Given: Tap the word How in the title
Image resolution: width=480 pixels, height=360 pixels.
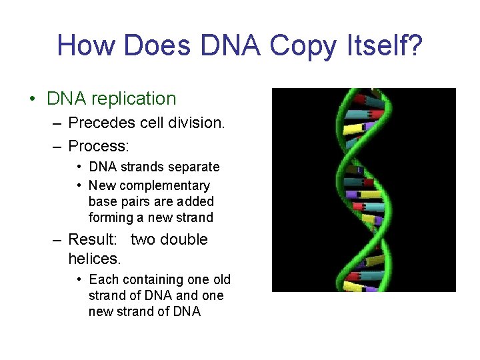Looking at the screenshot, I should tap(87, 46).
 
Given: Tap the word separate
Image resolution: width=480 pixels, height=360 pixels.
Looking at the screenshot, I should tap(194, 167).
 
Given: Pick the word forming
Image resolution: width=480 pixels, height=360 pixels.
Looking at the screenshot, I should tap(111, 217).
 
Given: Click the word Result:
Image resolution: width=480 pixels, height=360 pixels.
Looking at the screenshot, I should tap(93, 239).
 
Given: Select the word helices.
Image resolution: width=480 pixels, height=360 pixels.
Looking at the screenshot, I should tap(94, 257).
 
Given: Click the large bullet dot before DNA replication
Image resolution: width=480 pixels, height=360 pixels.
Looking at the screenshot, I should tap(32, 99).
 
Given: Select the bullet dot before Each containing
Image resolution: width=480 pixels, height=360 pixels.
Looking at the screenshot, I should tap(79, 279).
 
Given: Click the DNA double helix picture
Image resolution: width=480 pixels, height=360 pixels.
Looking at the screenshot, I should tap(363, 189).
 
